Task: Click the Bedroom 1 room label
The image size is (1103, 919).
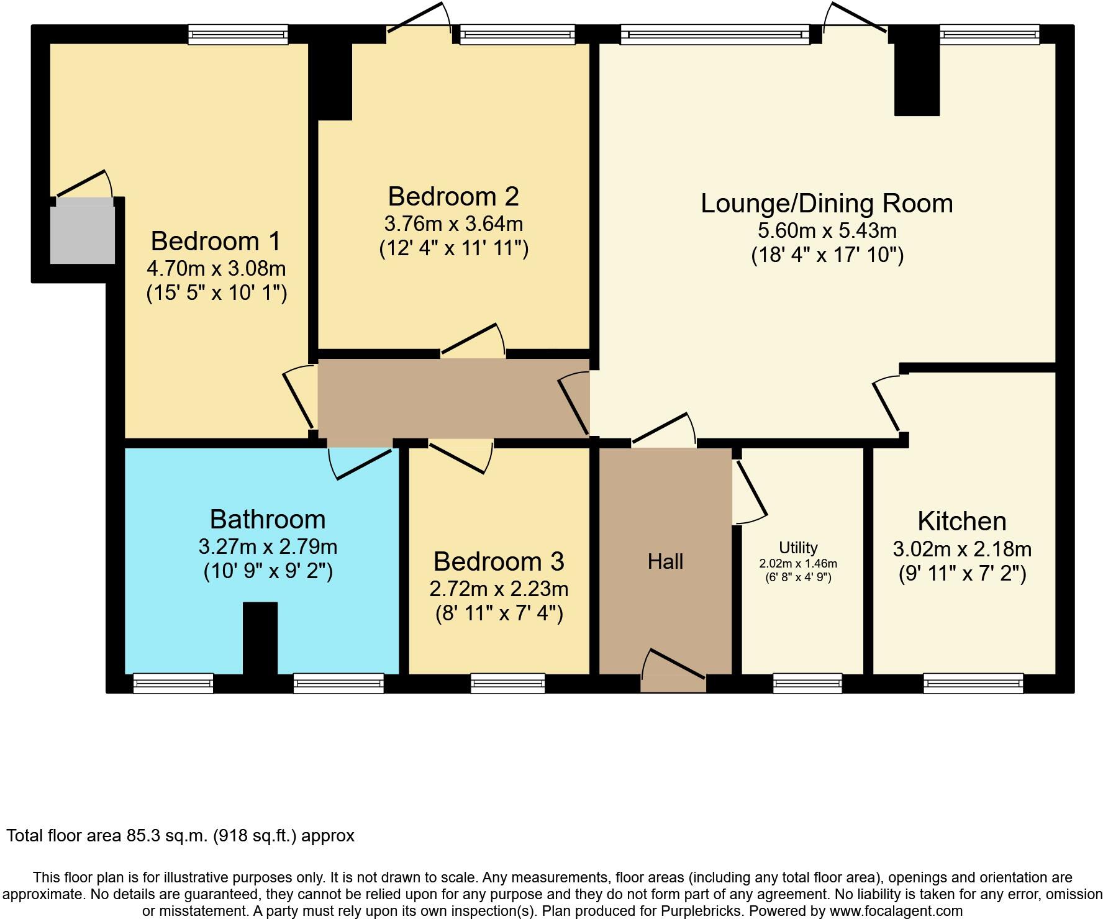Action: (x=216, y=241)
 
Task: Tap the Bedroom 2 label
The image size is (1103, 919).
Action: (x=453, y=196)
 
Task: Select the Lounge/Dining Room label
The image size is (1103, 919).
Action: (x=827, y=204)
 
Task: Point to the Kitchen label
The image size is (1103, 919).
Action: (x=962, y=521)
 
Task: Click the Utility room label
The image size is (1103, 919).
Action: (x=798, y=548)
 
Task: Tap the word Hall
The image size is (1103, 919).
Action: (x=665, y=562)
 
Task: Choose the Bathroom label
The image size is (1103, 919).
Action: (x=268, y=519)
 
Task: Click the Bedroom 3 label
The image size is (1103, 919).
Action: (x=499, y=561)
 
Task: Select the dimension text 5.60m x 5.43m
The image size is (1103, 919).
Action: (x=827, y=231)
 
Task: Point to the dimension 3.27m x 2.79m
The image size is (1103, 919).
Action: (x=268, y=547)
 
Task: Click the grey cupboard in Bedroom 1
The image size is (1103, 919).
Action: (x=83, y=231)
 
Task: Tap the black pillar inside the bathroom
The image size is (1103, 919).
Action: (x=260, y=638)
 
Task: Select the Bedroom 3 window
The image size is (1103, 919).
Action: (x=508, y=683)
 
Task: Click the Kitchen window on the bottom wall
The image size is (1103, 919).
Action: (x=973, y=683)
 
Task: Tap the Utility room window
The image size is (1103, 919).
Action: (x=807, y=683)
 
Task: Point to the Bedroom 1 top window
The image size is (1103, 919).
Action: (x=238, y=34)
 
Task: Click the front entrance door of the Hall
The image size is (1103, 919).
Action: (x=674, y=671)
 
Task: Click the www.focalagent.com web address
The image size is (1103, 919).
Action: (x=894, y=911)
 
